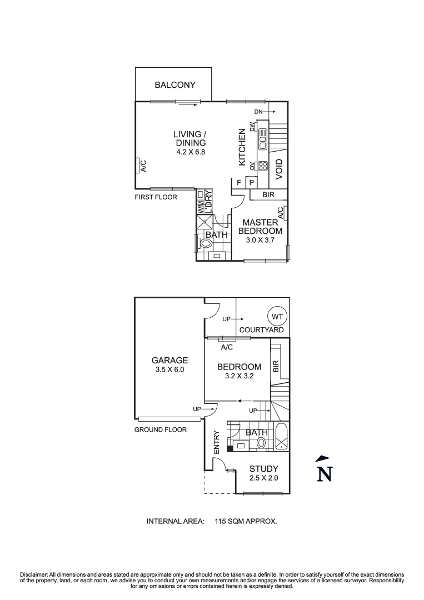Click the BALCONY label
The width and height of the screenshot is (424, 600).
(175, 85)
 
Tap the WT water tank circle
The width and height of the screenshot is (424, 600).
(277, 317)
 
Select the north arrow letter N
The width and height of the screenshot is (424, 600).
(324, 474)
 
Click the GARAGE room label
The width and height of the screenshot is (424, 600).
(169, 360)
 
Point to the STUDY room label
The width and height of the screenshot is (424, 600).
(264, 468)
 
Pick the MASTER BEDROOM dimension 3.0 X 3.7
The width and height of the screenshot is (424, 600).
(260, 241)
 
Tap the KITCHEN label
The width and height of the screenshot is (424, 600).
(242, 147)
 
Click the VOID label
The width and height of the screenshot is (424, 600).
(280, 168)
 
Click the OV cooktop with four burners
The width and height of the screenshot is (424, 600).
(263, 166)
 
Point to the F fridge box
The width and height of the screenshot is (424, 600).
(239, 182)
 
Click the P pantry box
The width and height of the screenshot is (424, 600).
(251, 182)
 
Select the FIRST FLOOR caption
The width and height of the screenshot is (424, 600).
(156, 197)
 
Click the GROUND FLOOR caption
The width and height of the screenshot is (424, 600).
(160, 429)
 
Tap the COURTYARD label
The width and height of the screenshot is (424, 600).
(261, 330)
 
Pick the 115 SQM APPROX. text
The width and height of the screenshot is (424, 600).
(246, 521)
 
